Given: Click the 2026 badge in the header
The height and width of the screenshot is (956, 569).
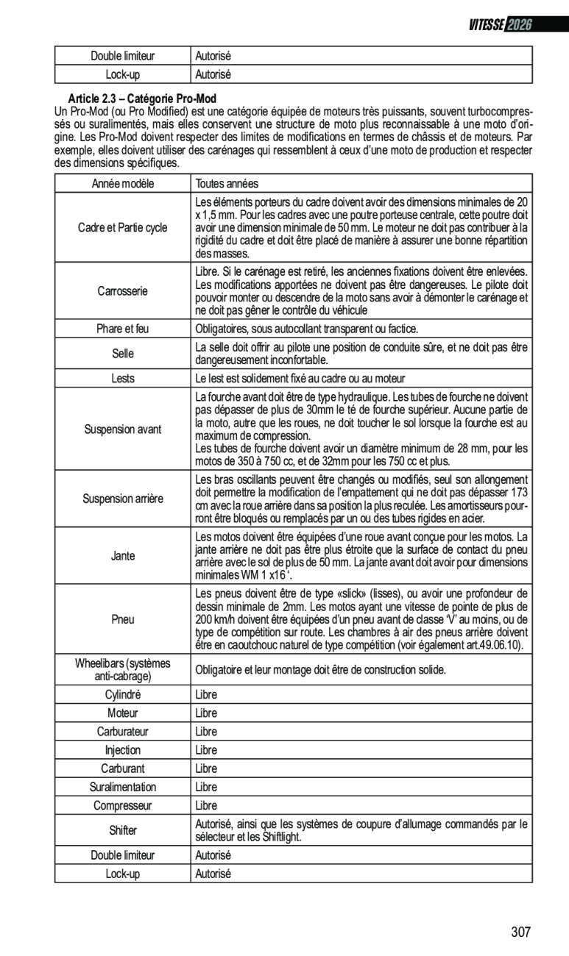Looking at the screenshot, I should pos(519,24).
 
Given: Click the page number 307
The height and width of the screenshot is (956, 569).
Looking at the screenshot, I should pos(520,932).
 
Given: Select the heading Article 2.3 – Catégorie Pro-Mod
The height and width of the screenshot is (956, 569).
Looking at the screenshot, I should pos(143,99).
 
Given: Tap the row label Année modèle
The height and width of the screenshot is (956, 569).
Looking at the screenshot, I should pos(123,183).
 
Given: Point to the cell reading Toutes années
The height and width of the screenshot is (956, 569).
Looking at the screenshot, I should pos(227,183).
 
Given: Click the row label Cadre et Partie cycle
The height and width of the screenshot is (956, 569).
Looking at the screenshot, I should pos(123,228).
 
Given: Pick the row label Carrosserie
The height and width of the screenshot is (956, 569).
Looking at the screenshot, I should pos(123,291).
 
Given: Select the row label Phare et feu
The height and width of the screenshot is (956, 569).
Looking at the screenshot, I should pos(123,328).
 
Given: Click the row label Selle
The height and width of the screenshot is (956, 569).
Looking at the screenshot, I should pos(123,354).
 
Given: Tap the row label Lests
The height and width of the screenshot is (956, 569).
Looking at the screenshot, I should pos(123,379).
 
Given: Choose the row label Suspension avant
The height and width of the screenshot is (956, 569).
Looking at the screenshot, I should pos(123,429).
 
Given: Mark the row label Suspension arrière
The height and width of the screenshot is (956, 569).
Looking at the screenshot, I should pos(123,499).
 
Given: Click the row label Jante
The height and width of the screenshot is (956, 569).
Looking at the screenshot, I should pos(123,556).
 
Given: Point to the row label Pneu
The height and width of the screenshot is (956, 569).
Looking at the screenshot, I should pos(123,619).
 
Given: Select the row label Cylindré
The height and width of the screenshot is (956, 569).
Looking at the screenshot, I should pos(123,694).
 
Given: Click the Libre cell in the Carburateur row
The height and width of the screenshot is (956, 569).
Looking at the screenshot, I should pos(206,732).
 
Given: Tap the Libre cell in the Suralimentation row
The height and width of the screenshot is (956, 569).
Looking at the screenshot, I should pos(206,787).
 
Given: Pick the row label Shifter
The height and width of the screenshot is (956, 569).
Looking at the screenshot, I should pos(123,830).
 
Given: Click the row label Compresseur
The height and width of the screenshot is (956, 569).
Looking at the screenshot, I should pos(123,805).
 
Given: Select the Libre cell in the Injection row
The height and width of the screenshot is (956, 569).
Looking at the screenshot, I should pos(206,750).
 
